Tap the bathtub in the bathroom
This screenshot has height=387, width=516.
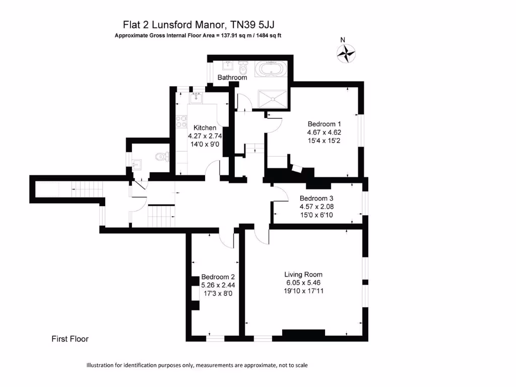pos(271,69)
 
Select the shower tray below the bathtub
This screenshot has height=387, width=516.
pos(273,98)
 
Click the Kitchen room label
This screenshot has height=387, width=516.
pos(205,128)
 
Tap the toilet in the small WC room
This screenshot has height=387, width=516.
pos(161,157)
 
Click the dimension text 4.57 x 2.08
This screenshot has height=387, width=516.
pos(316,207)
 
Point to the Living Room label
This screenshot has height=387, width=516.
pos(303,275)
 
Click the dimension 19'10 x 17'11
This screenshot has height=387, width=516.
pos(303,291)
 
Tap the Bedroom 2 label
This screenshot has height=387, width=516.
pos(218,277)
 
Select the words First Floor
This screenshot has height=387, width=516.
pos(70,339)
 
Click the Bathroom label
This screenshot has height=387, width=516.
pos(232,78)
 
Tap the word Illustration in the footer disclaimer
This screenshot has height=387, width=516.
pos(102,365)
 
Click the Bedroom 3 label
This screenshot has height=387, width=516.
pos(316,199)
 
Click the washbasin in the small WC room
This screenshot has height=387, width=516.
pos(137,164)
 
